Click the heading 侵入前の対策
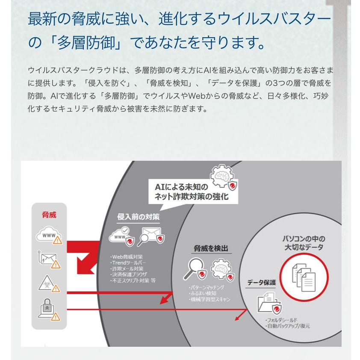tap(138, 217)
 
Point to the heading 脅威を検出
tap(210, 248)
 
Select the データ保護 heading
tap(261, 283)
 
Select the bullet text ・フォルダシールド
tap(281, 320)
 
